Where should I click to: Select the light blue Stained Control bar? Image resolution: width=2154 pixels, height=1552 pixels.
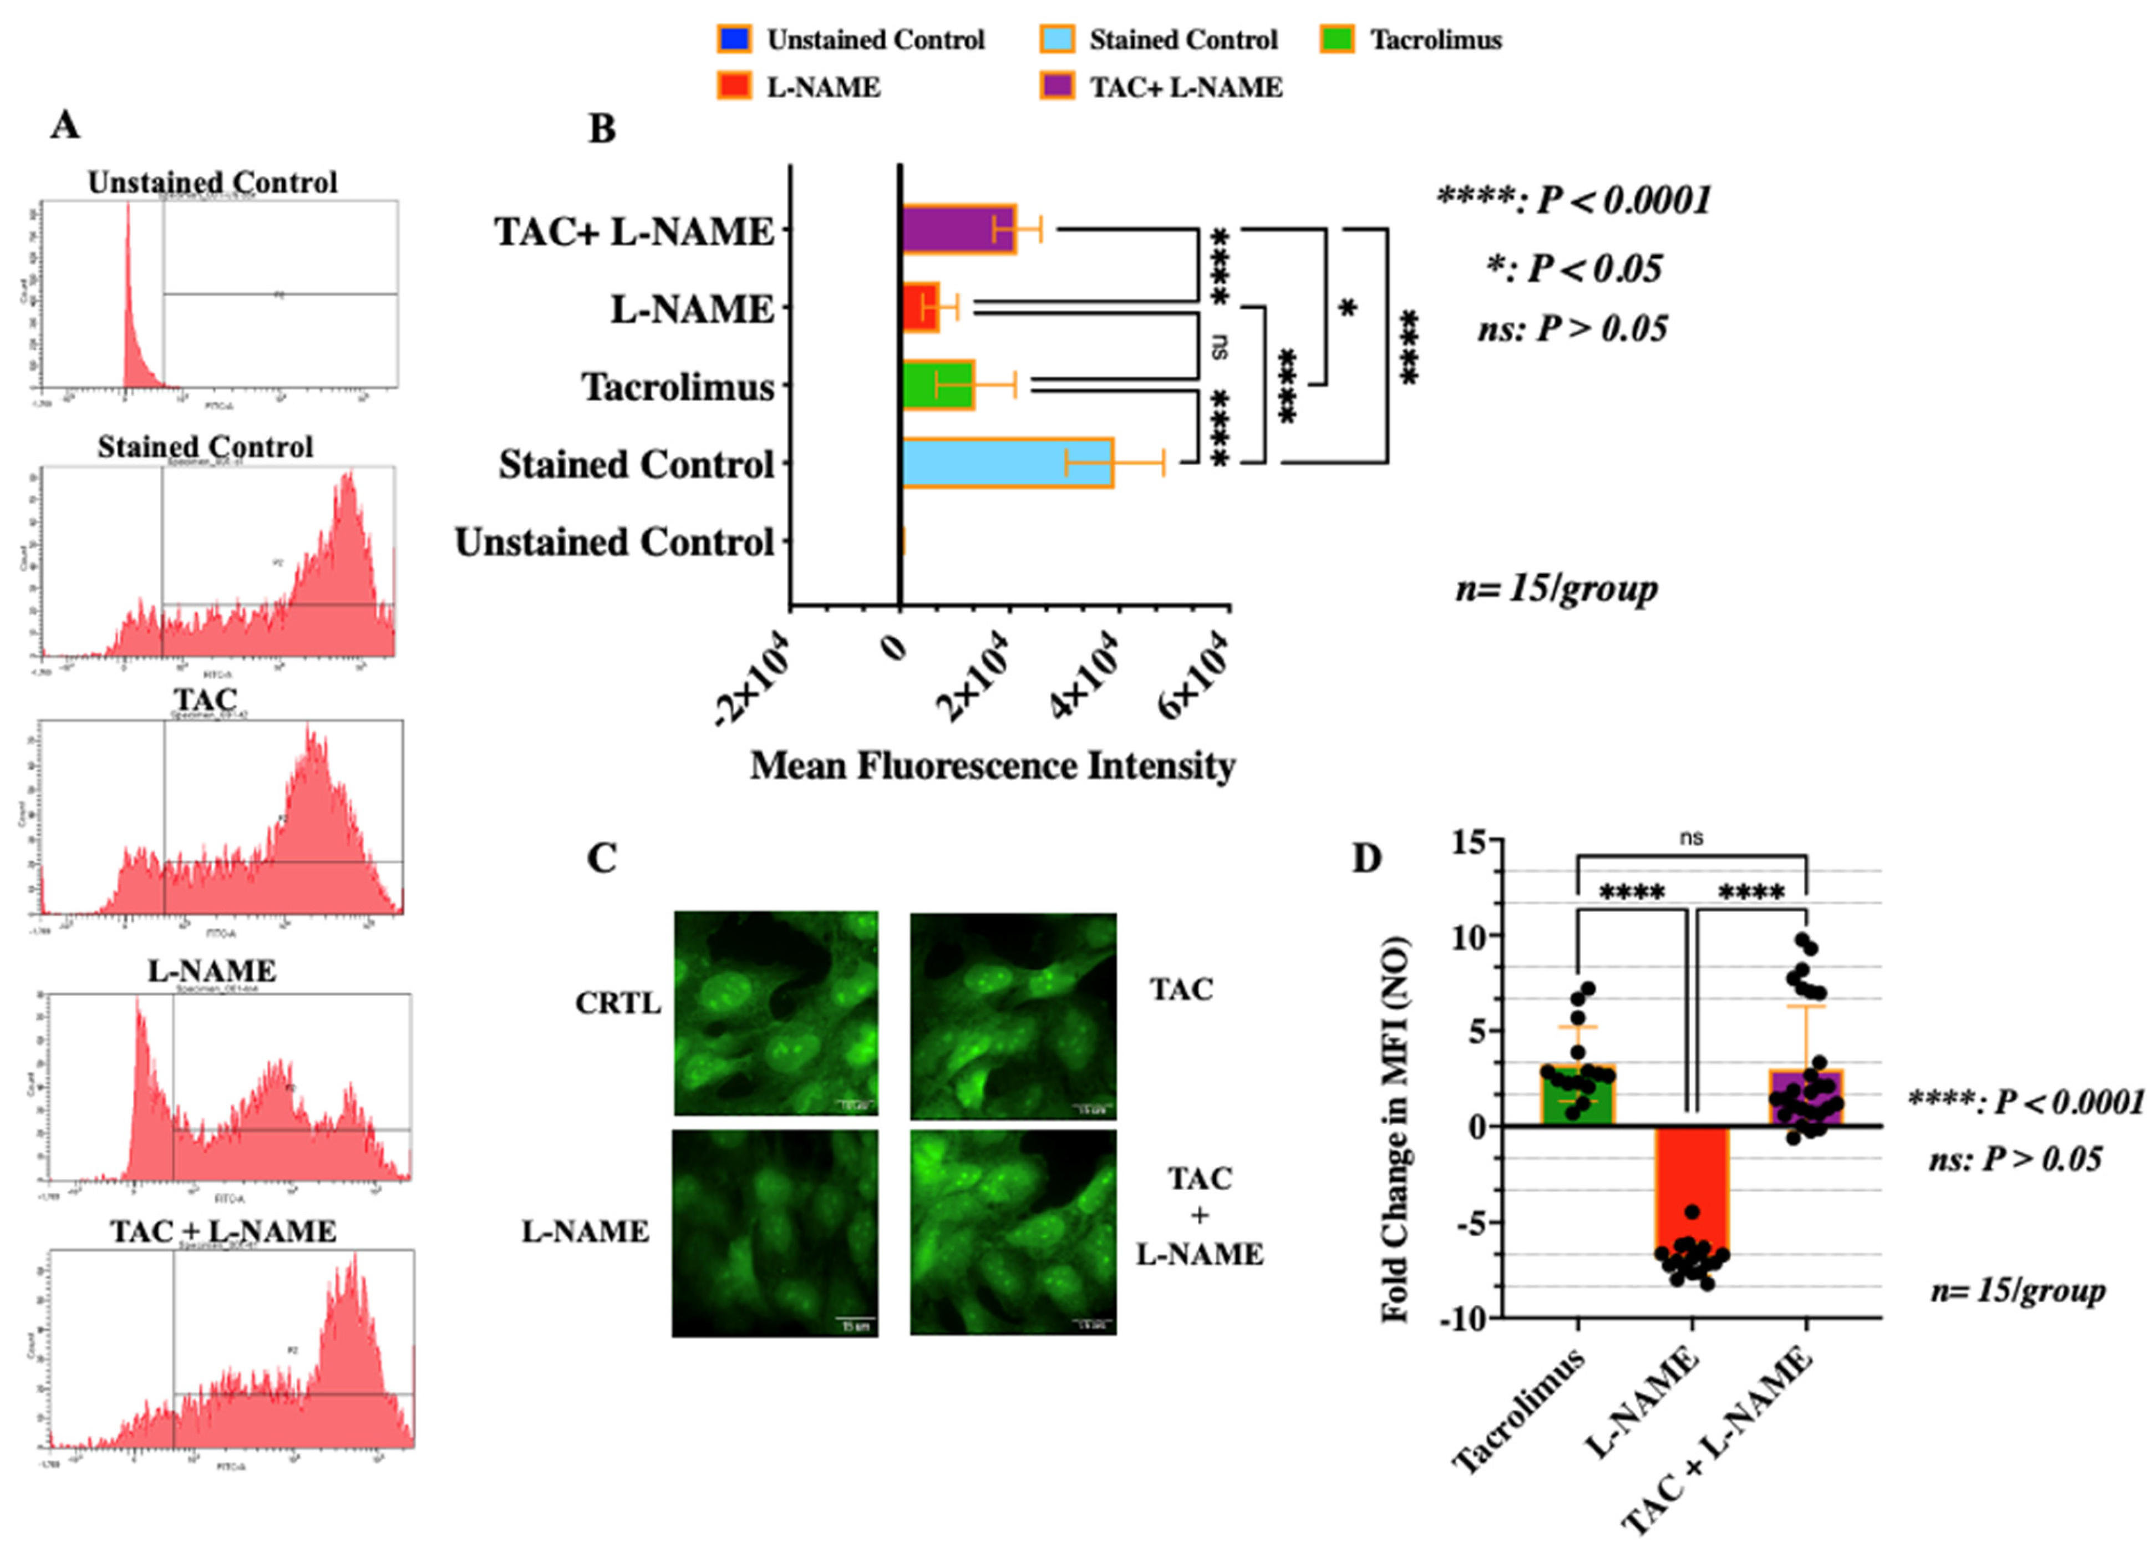1007,464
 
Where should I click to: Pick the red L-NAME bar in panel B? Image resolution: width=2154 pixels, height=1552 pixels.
919,307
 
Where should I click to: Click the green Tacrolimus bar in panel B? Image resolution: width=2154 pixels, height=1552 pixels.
937,385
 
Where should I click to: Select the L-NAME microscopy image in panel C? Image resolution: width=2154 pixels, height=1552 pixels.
776,1232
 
